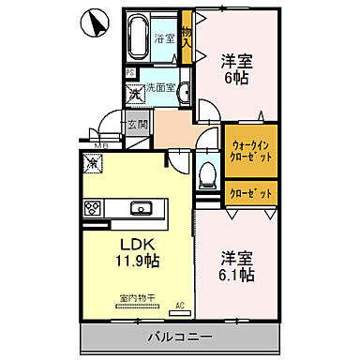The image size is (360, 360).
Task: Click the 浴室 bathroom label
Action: pos(165,39)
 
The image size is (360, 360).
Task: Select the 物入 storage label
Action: pos(187,37)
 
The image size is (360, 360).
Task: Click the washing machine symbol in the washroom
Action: pos(136,93)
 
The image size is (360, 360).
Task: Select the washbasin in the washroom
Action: pos(185,91)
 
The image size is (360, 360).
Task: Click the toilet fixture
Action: pos(208,173)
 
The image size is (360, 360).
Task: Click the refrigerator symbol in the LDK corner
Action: pos(94,164)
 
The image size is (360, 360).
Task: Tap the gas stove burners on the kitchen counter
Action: pos(94,208)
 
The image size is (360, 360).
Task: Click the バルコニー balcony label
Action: pos(178,336)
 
